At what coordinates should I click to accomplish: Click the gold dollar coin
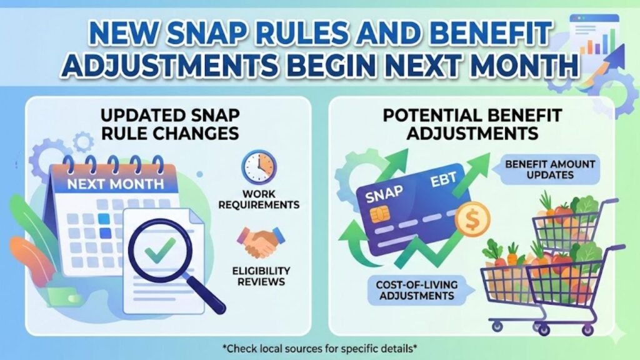coord(472,219)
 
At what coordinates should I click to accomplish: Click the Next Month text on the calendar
coord(116,184)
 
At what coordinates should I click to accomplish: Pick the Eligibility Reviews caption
coord(261,276)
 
